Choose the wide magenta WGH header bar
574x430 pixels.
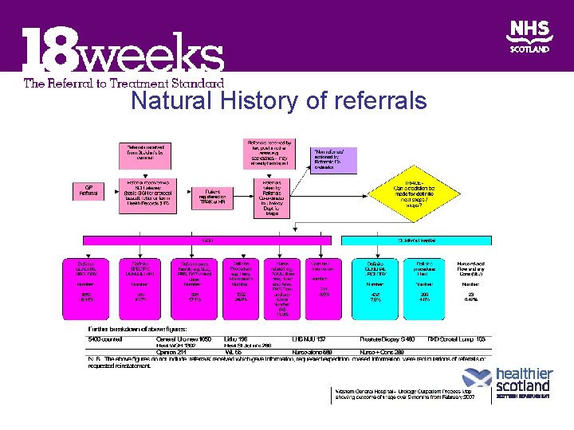pos(207,240)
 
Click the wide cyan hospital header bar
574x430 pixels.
pos(416,240)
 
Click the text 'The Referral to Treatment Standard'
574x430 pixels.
pos(124,82)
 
